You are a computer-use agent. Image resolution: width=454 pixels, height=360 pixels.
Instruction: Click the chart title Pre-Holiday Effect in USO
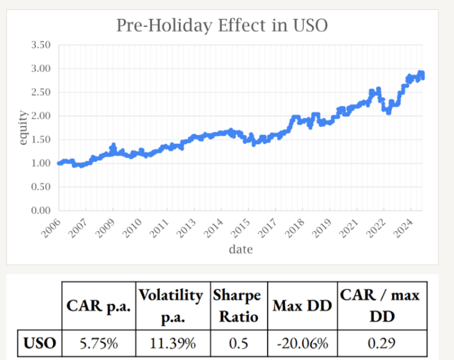(222, 26)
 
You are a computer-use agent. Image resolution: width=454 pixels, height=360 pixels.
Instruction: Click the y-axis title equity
(23, 128)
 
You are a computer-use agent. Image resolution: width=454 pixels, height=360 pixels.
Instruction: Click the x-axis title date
(240, 249)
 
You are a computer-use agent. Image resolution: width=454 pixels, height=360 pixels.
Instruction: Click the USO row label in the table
(40, 343)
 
